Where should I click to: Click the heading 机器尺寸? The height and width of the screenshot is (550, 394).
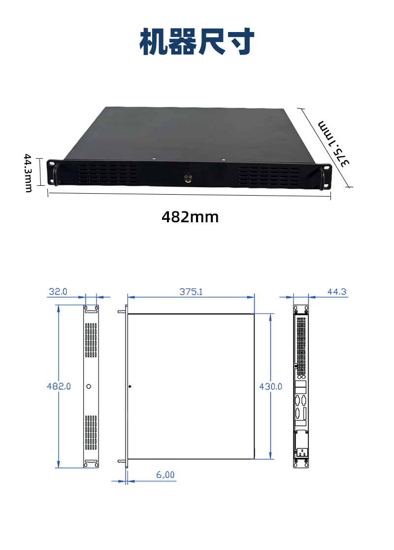197,41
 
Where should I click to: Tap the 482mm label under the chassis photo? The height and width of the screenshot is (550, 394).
190,217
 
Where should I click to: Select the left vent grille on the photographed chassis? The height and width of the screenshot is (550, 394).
108,175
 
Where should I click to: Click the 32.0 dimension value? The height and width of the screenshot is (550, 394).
58,291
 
